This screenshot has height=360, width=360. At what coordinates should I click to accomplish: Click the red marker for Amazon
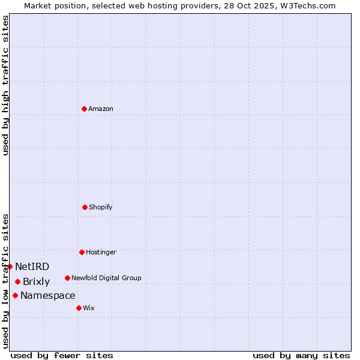point(84,109)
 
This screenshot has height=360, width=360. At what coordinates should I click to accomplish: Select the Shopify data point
point(85,207)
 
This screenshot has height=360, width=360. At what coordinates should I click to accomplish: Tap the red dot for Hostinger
point(82,252)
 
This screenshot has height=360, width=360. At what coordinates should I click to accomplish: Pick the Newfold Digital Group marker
point(67,278)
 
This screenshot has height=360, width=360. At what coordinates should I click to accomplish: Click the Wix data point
point(79,308)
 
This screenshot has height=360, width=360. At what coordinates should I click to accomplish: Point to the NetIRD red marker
point(10,266)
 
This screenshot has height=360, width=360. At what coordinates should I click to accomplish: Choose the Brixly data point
point(17,281)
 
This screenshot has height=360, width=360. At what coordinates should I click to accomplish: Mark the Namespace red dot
point(15,295)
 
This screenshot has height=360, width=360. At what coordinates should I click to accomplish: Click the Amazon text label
point(101,109)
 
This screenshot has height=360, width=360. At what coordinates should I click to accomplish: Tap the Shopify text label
point(101,207)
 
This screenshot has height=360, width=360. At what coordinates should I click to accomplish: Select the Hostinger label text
point(101,252)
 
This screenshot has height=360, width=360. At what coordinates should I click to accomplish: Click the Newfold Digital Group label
point(106,278)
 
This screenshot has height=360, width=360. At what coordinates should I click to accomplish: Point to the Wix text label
point(89,308)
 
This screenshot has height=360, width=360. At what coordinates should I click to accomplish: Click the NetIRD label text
point(32,266)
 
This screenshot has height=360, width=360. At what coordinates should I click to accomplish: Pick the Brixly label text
point(37,281)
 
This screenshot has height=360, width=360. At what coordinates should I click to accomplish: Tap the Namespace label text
point(48,295)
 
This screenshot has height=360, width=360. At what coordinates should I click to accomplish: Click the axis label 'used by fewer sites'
point(62,355)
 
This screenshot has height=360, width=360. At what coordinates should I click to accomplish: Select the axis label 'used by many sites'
point(301,355)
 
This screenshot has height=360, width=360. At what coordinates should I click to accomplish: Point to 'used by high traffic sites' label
point(5,85)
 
